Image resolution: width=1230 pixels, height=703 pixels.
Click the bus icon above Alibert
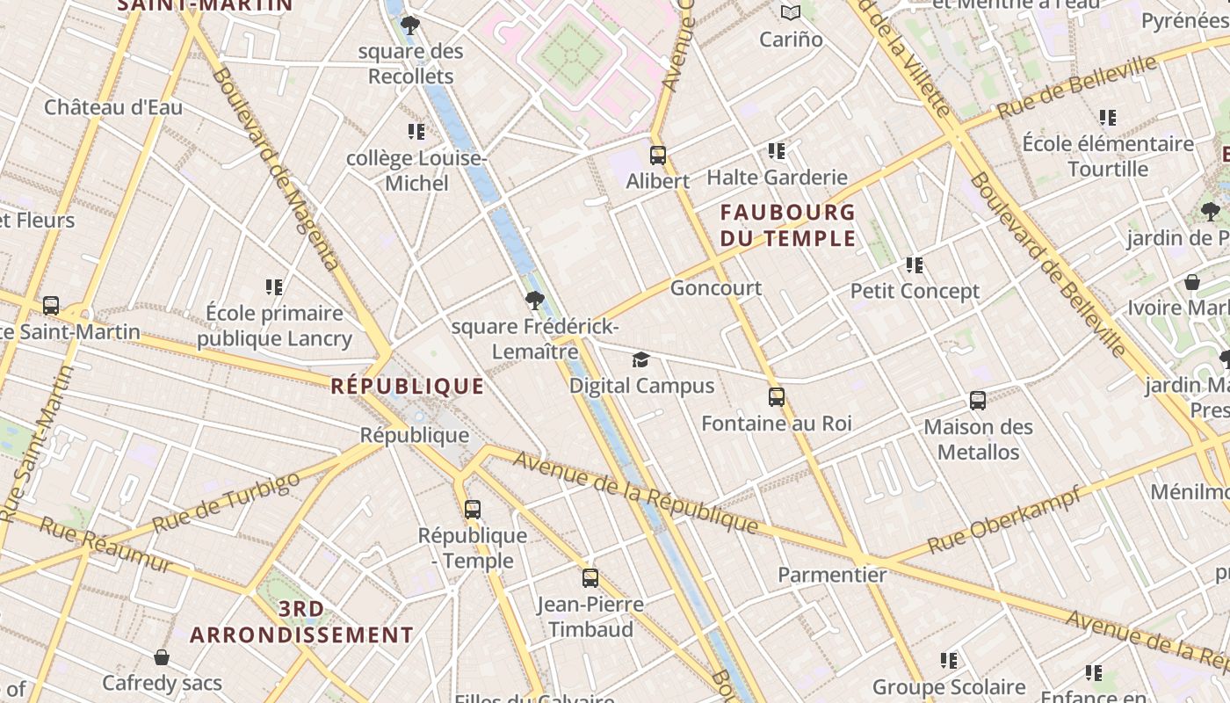658,156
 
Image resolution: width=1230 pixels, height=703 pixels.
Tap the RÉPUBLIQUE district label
408,386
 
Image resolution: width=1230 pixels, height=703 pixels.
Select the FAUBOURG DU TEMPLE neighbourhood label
788,225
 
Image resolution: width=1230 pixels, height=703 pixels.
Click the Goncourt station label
716,288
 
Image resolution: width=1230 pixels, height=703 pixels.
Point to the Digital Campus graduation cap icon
641,360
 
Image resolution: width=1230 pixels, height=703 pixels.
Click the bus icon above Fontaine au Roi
777,397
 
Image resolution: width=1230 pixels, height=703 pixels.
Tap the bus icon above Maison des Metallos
978,401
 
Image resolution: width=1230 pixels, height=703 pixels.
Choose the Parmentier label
832,575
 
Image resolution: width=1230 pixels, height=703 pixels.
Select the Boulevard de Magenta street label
275,167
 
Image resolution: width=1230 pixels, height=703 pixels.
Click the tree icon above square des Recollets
410,25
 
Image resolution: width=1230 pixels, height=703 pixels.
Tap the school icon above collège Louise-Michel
416,132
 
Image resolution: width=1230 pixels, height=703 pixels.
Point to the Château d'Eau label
113,107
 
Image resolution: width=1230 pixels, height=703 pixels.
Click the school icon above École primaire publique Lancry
274,287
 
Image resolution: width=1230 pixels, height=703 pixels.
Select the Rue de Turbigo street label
226,503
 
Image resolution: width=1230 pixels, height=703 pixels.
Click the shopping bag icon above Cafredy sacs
162,657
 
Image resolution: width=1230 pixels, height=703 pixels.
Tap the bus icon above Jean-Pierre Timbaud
590,578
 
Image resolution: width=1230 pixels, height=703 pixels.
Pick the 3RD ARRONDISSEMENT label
301,621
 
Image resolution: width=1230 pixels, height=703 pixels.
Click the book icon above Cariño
791,13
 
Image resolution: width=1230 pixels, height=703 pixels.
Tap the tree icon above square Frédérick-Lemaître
534,301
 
